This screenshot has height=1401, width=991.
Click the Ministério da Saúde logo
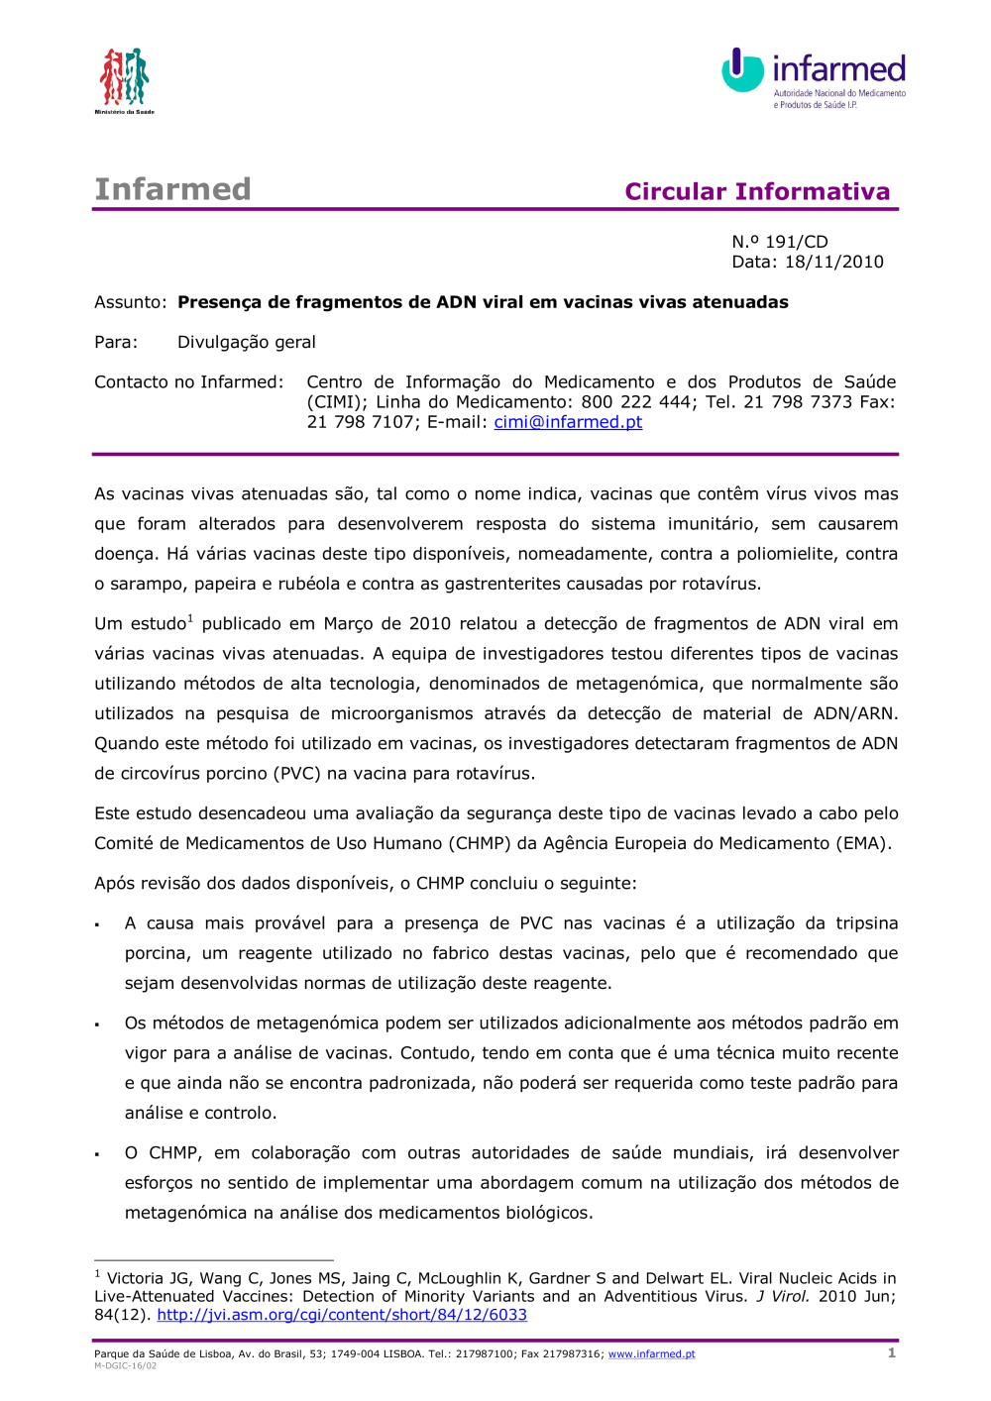(x=124, y=79)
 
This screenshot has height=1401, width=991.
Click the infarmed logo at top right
(x=814, y=76)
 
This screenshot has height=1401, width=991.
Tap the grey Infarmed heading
(x=172, y=189)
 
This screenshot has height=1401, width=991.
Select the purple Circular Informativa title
(x=757, y=191)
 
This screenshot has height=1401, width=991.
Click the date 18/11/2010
(x=833, y=262)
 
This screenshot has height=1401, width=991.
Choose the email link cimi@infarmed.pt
(x=568, y=422)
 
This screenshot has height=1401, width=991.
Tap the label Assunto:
(x=130, y=302)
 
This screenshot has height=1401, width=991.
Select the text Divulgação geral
(x=246, y=342)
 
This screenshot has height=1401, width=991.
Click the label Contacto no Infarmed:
(x=188, y=382)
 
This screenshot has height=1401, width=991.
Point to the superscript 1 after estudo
(x=190, y=619)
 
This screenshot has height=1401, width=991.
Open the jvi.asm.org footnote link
(x=342, y=1315)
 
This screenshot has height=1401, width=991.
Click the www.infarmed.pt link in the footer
(x=651, y=1354)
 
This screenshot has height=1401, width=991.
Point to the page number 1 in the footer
(x=892, y=1352)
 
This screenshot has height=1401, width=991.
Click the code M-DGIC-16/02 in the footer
(x=125, y=1365)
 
